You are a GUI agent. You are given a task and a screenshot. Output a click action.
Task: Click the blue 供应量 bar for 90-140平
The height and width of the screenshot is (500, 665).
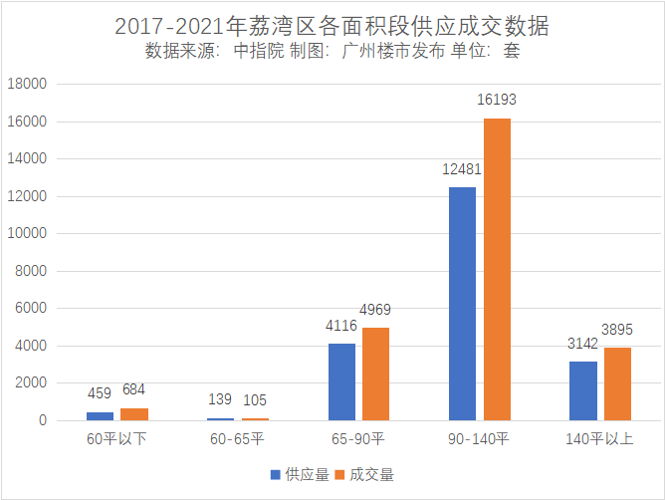coord(462,304)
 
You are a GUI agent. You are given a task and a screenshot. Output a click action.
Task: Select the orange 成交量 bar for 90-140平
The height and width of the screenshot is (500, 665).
coord(497,269)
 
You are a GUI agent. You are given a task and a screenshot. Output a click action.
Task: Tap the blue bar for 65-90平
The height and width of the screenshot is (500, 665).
coord(341,381)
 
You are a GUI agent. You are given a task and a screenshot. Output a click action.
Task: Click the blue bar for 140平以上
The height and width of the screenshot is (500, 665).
coord(582,390)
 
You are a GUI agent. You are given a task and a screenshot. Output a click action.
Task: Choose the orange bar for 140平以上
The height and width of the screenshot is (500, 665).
coord(617,383)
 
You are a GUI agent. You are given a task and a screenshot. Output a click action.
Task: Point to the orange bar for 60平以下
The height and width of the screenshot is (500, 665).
coord(134,414)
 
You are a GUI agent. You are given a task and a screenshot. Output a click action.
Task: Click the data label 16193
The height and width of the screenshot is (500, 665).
coord(497,101)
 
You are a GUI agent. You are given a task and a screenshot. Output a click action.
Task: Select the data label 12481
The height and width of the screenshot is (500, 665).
coord(462,169)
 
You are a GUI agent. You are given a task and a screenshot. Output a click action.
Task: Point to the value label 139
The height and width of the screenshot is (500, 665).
coord(220,399)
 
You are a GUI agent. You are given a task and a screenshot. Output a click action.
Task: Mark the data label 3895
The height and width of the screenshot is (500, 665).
coord(617,330)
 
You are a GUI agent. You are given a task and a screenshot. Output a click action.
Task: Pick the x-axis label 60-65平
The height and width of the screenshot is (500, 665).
coord(237,439)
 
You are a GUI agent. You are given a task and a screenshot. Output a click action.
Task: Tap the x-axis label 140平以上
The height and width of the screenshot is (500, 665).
coord(599,439)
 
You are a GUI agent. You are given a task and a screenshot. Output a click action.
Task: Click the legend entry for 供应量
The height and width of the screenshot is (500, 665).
coord(300,474)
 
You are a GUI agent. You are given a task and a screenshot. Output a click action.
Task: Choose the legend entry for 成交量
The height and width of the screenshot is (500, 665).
coord(365,474)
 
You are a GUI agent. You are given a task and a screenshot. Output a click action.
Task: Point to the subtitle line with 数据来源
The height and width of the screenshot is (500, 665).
coord(332,51)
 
